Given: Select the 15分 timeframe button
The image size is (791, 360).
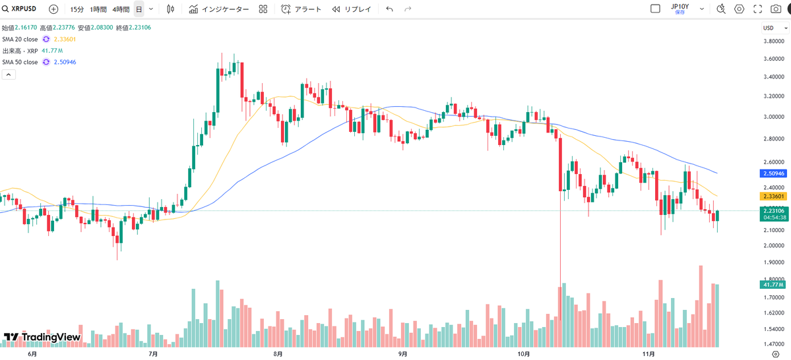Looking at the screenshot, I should (x=77, y=9).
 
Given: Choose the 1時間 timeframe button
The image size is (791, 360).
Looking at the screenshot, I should (x=98, y=9).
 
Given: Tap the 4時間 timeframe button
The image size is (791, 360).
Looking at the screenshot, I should (x=121, y=9).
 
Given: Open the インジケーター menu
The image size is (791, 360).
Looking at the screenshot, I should (x=219, y=9).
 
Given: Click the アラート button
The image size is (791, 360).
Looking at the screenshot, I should (x=301, y=9).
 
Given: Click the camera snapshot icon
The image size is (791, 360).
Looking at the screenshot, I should (x=757, y=9).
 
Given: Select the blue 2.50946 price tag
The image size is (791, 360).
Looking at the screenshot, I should (x=773, y=173).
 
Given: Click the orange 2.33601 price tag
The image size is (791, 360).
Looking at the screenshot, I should (x=773, y=196).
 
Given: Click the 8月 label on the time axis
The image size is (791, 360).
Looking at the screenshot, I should (x=278, y=354).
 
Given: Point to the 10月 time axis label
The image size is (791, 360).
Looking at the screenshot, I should (x=524, y=354).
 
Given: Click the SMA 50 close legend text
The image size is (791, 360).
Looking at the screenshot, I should (x=19, y=62).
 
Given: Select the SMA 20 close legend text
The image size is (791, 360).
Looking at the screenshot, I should (x=19, y=40).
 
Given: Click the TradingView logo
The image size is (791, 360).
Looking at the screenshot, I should (x=42, y=338).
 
